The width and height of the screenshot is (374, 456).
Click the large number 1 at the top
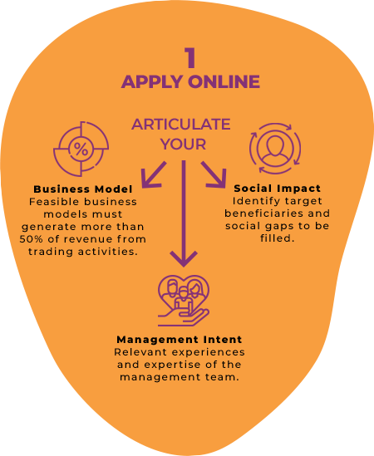pyautogui.click(x=190, y=58)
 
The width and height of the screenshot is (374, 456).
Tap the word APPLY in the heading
pyautogui.click(x=152, y=81)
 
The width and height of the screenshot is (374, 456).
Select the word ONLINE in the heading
pyautogui.click(x=224, y=81)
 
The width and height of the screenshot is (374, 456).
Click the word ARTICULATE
pyautogui.click(x=181, y=125)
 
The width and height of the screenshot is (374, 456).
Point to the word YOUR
pyautogui.click(x=183, y=145)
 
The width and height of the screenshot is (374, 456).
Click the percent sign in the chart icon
pyautogui.click(x=81, y=150)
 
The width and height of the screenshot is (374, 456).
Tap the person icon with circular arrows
pyautogui.click(x=275, y=149)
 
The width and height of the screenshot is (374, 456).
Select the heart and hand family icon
pyautogui.click(x=184, y=301)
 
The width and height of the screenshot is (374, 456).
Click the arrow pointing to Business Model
pyautogui.click(x=153, y=174)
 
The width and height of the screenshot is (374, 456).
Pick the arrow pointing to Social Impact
pyautogui.click(x=214, y=174)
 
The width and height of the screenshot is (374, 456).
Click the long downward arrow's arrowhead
pyautogui.click(x=184, y=259)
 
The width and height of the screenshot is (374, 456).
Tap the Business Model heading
pyautogui.click(x=83, y=189)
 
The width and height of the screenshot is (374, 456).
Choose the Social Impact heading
pyautogui.click(x=277, y=189)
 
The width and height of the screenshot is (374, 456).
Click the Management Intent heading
pyautogui.click(x=180, y=340)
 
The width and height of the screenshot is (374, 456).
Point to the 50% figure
pyautogui.click(x=31, y=239)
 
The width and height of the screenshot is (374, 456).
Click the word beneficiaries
pyautogui.click(x=264, y=213)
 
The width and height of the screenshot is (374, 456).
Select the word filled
pyautogui.click(x=276, y=238)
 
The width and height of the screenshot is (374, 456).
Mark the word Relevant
pyautogui.click(x=140, y=352)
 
